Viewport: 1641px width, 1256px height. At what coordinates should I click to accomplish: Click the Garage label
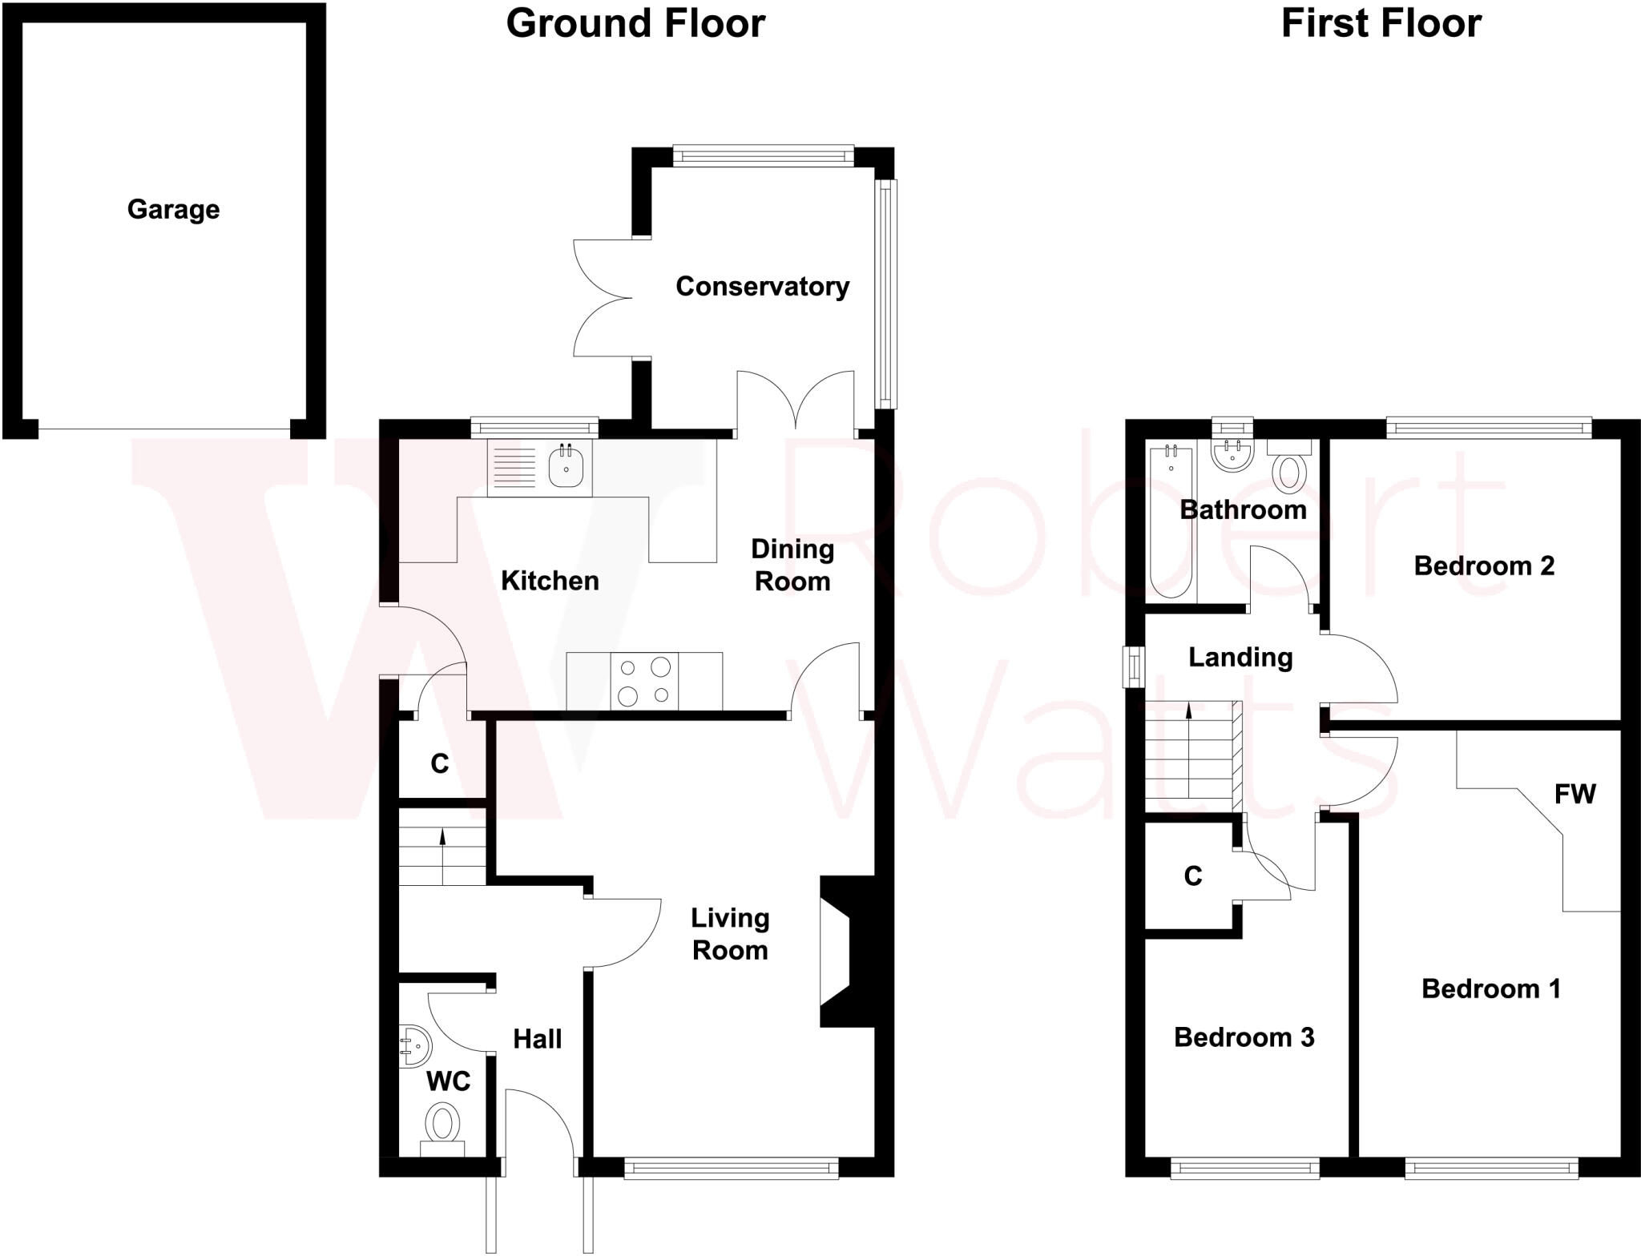click(173, 209)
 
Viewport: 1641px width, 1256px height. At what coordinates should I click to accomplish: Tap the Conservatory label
click(762, 286)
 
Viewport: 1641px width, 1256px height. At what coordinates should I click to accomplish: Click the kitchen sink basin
click(566, 467)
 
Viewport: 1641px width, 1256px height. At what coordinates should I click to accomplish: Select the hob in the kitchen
click(644, 681)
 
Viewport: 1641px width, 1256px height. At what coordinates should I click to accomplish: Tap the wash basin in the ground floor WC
click(413, 1046)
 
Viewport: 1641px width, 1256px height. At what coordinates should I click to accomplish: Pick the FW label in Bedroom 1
click(1574, 794)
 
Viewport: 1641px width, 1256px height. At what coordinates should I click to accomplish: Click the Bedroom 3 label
click(1244, 1037)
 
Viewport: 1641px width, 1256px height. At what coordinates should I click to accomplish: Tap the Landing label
click(1240, 657)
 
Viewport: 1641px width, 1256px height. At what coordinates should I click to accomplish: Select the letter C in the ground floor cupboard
click(439, 763)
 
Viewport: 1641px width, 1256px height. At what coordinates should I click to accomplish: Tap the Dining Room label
click(792, 565)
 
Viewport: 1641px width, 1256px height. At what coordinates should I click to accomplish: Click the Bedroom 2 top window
click(1489, 428)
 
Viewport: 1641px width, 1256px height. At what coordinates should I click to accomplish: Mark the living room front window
click(731, 1169)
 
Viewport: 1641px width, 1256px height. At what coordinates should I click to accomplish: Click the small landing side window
click(1134, 666)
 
